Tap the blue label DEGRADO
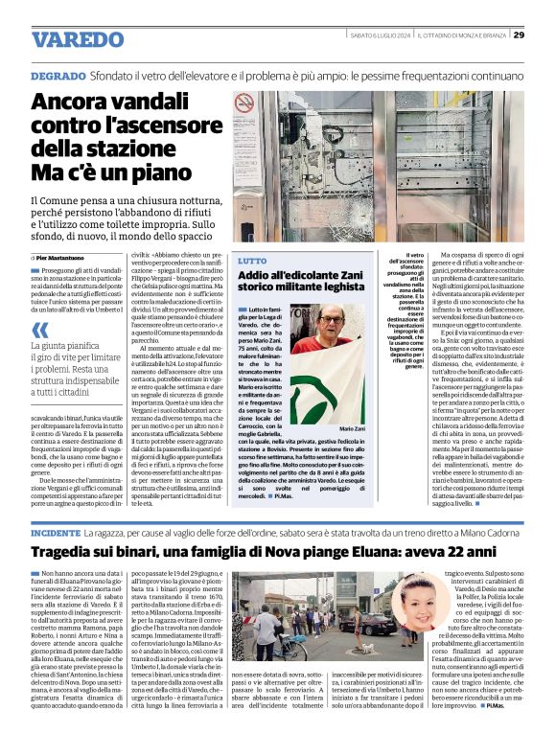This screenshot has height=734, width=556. [57, 75]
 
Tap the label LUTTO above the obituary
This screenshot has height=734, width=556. [252, 261]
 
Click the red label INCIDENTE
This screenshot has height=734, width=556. [56, 531]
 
